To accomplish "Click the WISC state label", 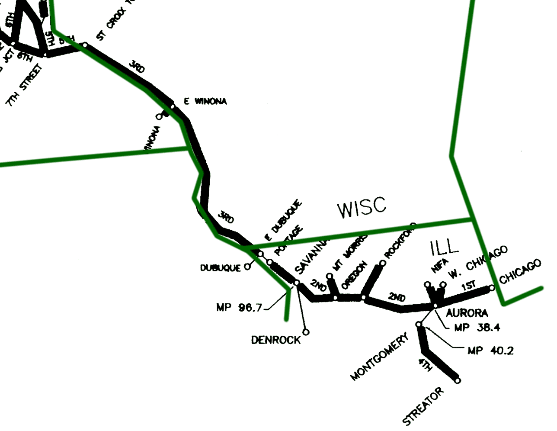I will coord(362,208).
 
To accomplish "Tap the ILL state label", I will coord(444,247).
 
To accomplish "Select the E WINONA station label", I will coord(205,102).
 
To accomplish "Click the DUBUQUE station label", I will coord(220,268).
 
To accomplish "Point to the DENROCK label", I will coord(275,340).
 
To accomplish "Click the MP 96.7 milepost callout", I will coord(239,308).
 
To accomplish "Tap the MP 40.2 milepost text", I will coord(490,350).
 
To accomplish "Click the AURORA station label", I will coord(467,313).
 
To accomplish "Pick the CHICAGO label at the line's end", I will coord(520,271).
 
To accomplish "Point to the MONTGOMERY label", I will coord(379,357).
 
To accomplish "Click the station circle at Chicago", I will coord(492,288).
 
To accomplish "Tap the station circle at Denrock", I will coord(306,332).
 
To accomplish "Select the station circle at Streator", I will coord(458,380).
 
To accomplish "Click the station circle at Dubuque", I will coord(247,267).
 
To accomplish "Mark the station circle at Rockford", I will coord(382,263).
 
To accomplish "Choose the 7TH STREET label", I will coord(25,86).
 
